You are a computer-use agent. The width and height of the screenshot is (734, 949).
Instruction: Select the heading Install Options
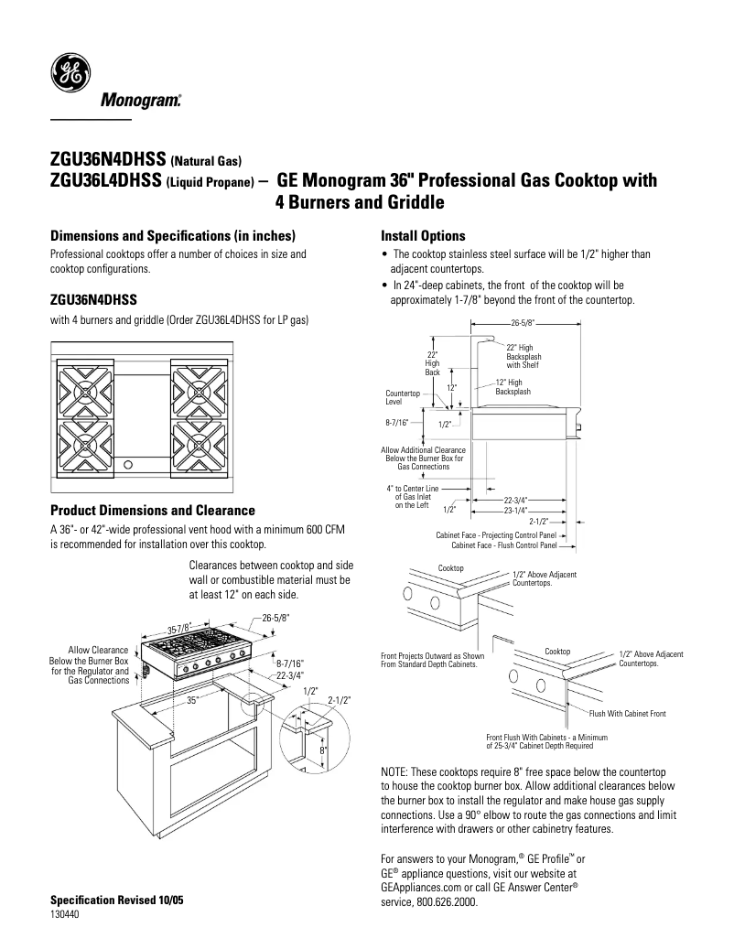tap(423, 236)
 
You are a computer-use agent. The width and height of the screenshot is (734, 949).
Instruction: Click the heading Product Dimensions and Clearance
tap(152, 510)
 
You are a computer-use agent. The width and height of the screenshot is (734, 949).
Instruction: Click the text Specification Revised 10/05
tap(116, 900)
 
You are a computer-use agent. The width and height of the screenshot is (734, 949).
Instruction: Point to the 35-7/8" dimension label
tap(179, 628)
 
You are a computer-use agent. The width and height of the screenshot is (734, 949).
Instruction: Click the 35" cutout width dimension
tap(192, 700)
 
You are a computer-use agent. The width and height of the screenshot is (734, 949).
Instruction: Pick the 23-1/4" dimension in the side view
tap(517, 511)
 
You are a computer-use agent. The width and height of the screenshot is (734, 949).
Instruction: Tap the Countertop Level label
tap(402, 397)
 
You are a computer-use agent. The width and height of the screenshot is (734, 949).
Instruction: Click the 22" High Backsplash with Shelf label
tap(523, 356)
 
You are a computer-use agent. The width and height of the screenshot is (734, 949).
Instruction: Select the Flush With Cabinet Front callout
tap(628, 712)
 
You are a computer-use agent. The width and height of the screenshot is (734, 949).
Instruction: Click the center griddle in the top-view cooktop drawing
tap(142, 407)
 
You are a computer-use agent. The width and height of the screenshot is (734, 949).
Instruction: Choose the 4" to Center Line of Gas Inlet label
tap(413, 496)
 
